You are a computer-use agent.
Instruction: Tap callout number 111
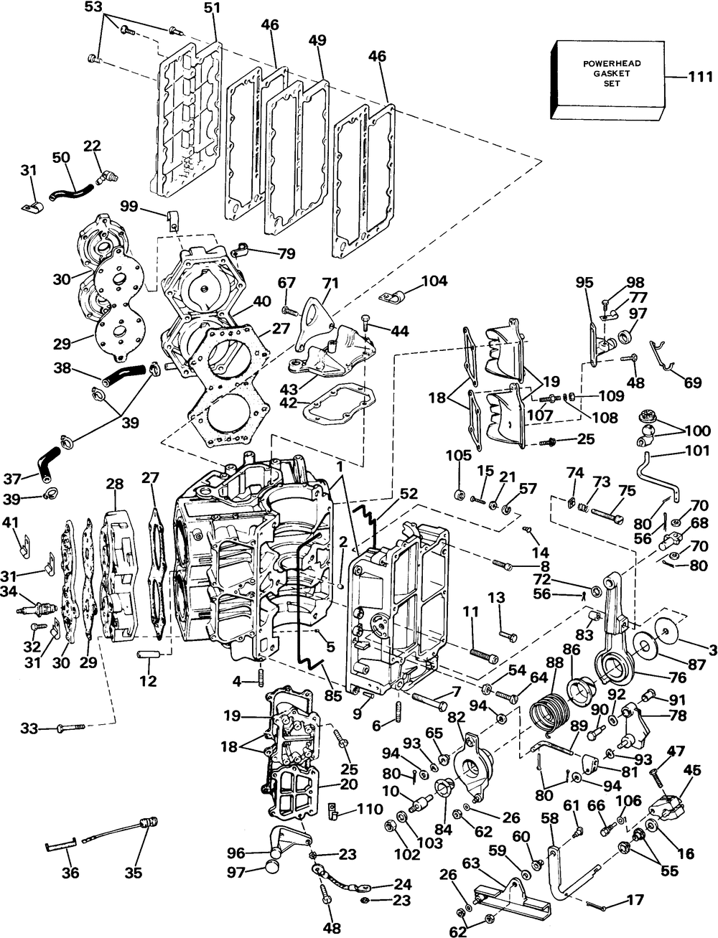(x=700, y=77)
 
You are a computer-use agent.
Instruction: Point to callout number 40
(x=261, y=301)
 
